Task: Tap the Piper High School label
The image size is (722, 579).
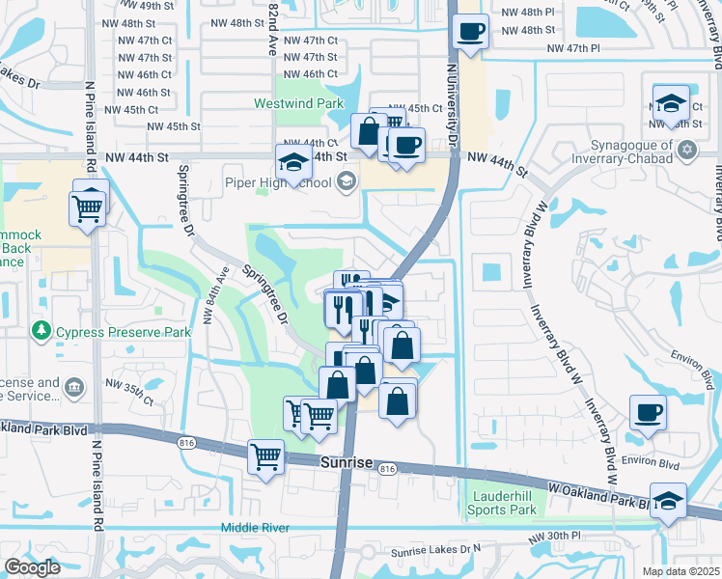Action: (278, 181)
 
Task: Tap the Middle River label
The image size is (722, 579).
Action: (255, 527)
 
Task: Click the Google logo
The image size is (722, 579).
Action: (33, 567)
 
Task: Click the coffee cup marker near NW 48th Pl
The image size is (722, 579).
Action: (470, 32)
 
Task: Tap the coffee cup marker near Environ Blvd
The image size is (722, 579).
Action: (648, 413)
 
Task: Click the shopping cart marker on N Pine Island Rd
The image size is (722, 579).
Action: (88, 207)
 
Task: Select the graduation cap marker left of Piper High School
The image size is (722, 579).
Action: (292, 163)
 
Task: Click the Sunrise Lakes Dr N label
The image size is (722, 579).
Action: (435, 551)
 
